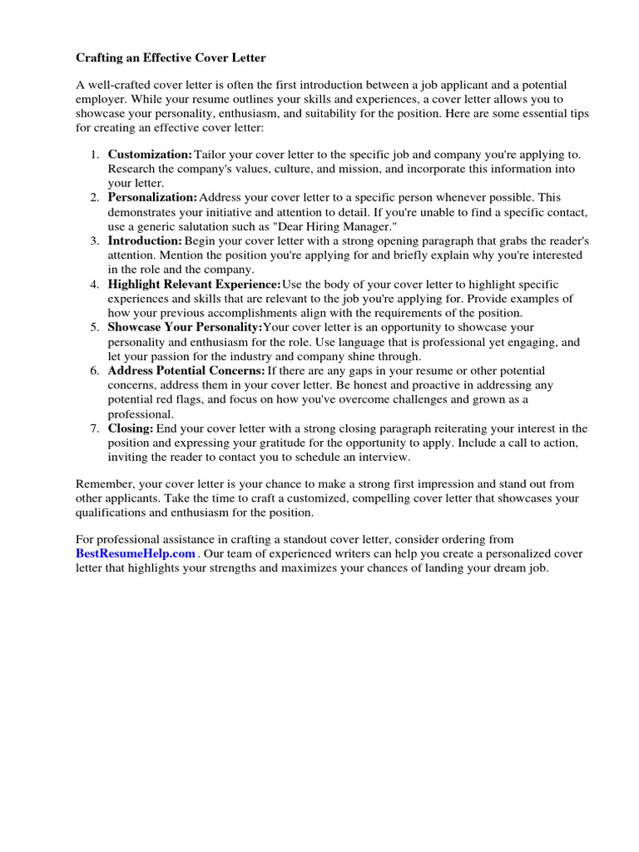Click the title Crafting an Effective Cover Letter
171,58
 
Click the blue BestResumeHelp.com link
136,553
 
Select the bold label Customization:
150,155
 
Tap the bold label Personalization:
152,198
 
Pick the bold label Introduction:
145,240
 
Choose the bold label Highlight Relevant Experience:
194,284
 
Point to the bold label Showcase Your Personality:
185,327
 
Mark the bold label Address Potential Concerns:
186,370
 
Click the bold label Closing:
131,428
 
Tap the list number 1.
94,155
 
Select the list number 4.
94,284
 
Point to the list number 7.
94,428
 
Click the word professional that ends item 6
140,414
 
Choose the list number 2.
94,198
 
